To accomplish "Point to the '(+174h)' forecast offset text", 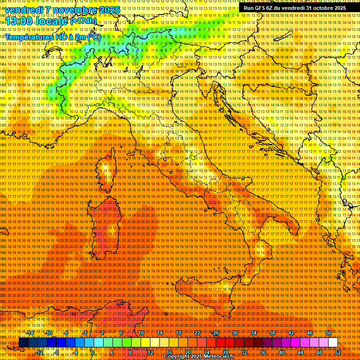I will click(x=83, y=21).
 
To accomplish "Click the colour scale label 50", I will click(x=329, y=333).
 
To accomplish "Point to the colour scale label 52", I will click(x=338, y=352).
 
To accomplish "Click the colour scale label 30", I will click(x=234, y=333).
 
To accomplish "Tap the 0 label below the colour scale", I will click(x=93, y=352).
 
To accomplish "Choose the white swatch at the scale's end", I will click(x=333, y=342).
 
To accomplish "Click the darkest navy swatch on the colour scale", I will click(x=23, y=342).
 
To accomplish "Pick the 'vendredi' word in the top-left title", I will click(x=25, y=10).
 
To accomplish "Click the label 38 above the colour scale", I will click(x=272, y=333).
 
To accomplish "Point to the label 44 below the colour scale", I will click(x=300, y=352).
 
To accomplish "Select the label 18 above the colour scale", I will click(x=178, y=333).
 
